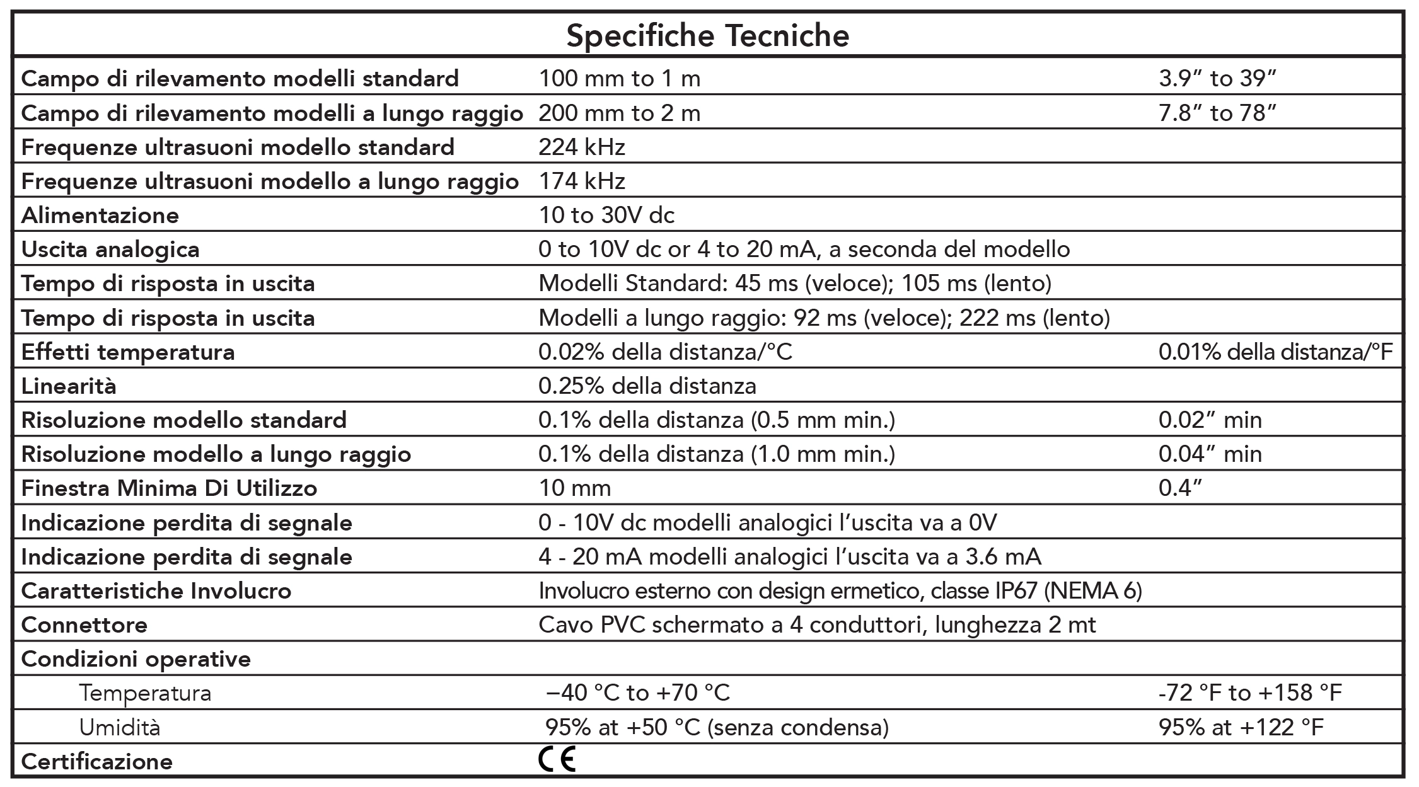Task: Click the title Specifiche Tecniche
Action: pos(707,36)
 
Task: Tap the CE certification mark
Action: pos(557,760)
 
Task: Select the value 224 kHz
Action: pos(581,147)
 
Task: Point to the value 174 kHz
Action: pos(581,181)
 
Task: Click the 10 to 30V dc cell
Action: pos(606,215)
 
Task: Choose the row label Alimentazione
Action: pos(100,215)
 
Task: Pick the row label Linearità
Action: pos(69,386)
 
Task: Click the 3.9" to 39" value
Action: pos(1217,79)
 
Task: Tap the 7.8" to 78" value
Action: pos(1217,113)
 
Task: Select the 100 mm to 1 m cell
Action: pos(619,79)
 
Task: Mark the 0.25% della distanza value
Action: pos(647,386)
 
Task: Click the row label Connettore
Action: pos(84,625)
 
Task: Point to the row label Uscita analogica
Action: pos(110,250)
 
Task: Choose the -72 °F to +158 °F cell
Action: pos(1250,694)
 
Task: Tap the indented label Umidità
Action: pos(120,728)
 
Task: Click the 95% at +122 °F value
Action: pos(1241,728)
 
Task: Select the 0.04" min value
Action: pos(1210,454)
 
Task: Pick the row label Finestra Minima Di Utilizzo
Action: pos(169,488)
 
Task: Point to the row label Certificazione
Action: pos(96,762)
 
